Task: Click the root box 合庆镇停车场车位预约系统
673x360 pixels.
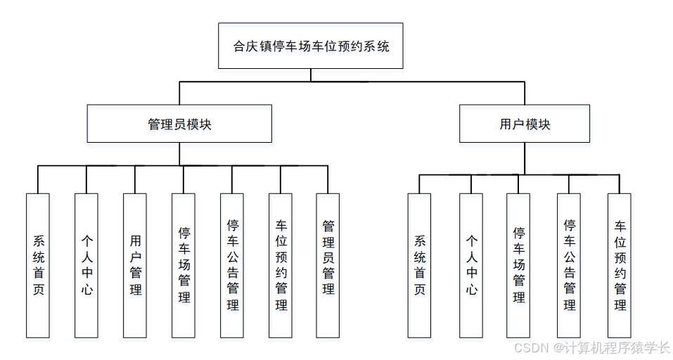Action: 310,46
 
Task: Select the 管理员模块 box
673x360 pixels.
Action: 179,124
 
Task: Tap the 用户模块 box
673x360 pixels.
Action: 525,124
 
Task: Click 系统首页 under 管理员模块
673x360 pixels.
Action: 38,265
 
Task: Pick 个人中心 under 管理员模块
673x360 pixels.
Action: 86,265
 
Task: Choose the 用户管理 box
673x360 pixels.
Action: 135,265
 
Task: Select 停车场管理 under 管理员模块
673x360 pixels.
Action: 184,265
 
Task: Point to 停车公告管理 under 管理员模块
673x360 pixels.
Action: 232,265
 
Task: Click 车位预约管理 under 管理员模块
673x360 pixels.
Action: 281,265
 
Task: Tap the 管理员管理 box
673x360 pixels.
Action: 328,265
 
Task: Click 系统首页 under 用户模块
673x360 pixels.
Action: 419,265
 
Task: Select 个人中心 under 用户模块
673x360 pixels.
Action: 471,265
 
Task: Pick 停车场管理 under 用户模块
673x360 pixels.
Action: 518,265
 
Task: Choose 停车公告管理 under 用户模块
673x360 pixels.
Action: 569,265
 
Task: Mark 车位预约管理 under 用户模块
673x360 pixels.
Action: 620,265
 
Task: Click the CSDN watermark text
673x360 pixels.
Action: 591,348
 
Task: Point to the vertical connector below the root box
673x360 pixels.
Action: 310,75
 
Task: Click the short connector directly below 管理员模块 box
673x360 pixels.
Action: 179,154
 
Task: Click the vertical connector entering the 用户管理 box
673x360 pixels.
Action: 135,180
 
